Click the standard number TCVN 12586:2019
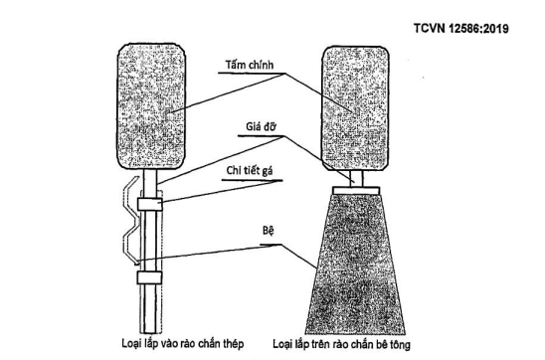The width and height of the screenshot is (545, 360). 459,27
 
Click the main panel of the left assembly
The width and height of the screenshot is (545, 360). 155,104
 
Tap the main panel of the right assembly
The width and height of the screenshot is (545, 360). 354,104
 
